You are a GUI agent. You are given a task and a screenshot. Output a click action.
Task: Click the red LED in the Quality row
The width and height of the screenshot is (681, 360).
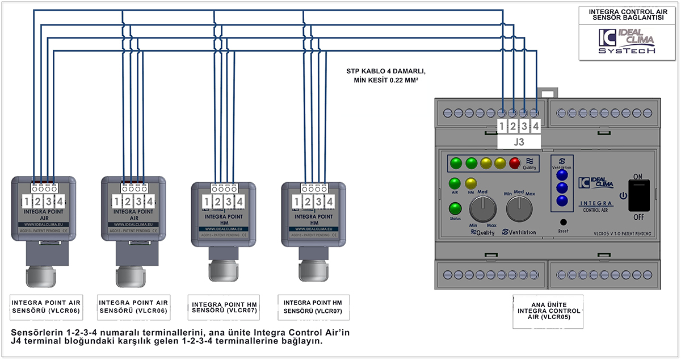(x=515, y=164)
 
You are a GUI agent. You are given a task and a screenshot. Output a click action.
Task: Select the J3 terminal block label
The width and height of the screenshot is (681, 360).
(x=518, y=141)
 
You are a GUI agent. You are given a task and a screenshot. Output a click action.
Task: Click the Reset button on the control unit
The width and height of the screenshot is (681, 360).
(x=563, y=223)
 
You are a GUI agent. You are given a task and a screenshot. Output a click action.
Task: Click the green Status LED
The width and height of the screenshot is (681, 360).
(x=455, y=208)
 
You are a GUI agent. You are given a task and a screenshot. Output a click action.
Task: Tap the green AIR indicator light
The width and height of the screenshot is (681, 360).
(x=455, y=183)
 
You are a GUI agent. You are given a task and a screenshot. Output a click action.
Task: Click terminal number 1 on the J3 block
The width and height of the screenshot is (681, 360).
(x=502, y=126)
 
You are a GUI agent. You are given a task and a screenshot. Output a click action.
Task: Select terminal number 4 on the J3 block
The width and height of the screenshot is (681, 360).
(x=535, y=126)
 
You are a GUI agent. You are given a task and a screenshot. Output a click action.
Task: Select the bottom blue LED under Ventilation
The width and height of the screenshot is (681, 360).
(x=562, y=200)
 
